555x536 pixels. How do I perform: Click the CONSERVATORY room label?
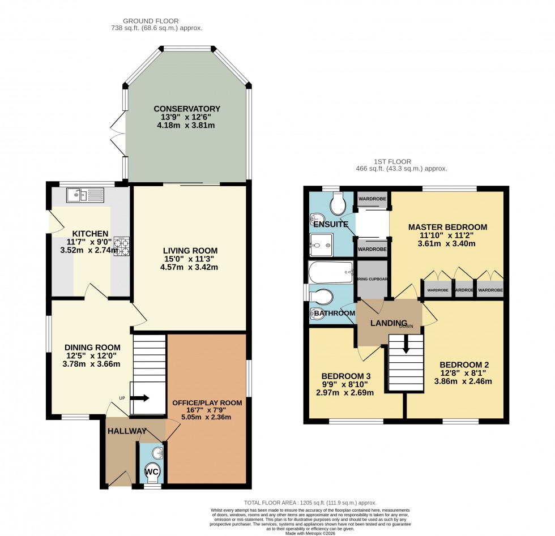click(x=186, y=109)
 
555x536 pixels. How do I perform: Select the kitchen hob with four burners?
click(x=121, y=246)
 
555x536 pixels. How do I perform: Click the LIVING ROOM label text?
click(x=190, y=250)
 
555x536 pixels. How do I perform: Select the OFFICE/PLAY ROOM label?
click(x=207, y=403)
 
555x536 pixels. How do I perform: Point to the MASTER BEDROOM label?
click(x=447, y=227)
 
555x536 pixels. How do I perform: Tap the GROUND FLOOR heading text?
click(x=157, y=19)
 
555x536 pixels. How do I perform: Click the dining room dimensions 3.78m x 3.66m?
click(x=92, y=364)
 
